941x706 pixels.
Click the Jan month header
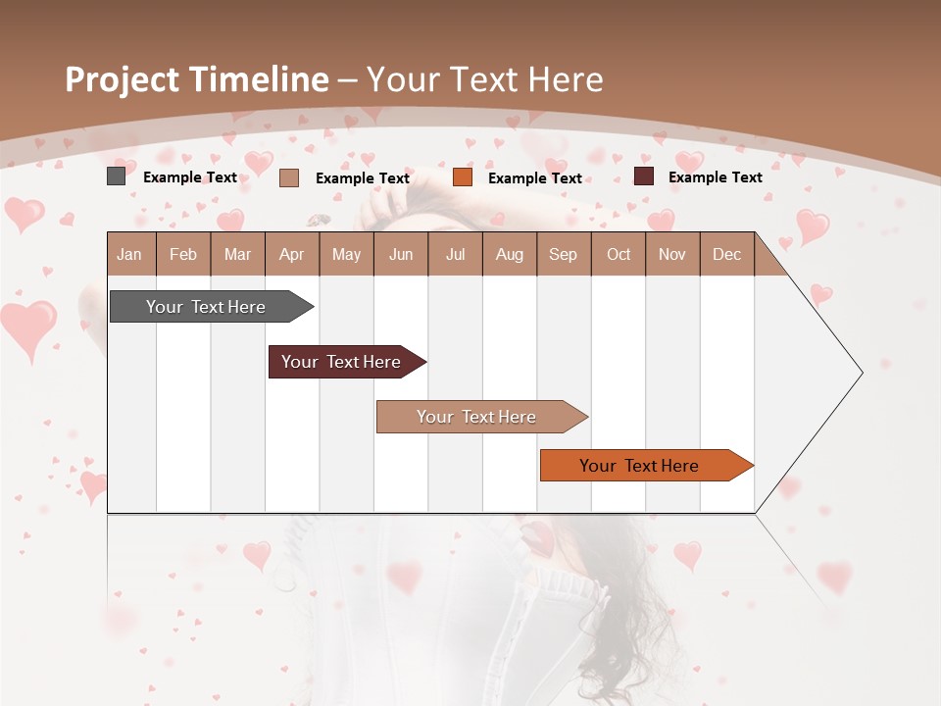(x=129, y=255)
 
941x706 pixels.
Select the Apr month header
(x=291, y=255)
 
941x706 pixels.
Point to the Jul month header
(x=455, y=255)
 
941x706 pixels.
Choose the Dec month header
(x=726, y=255)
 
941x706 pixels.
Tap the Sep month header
(x=563, y=255)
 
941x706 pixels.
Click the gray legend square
(x=116, y=176)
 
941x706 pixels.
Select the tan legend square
(x=288, y=177)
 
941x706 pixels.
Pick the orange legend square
(x=463, y=177)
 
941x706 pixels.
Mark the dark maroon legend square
(x=643, y=176)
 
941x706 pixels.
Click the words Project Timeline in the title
(x=196, y=79)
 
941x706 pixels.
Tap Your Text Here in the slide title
(x=485, y=79)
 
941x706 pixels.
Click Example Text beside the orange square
(x=534, y=178)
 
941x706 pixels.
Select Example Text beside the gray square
(x=190, y=177)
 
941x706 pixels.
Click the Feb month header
(x=183, y=255)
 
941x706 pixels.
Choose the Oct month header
(x=619, y=255)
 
